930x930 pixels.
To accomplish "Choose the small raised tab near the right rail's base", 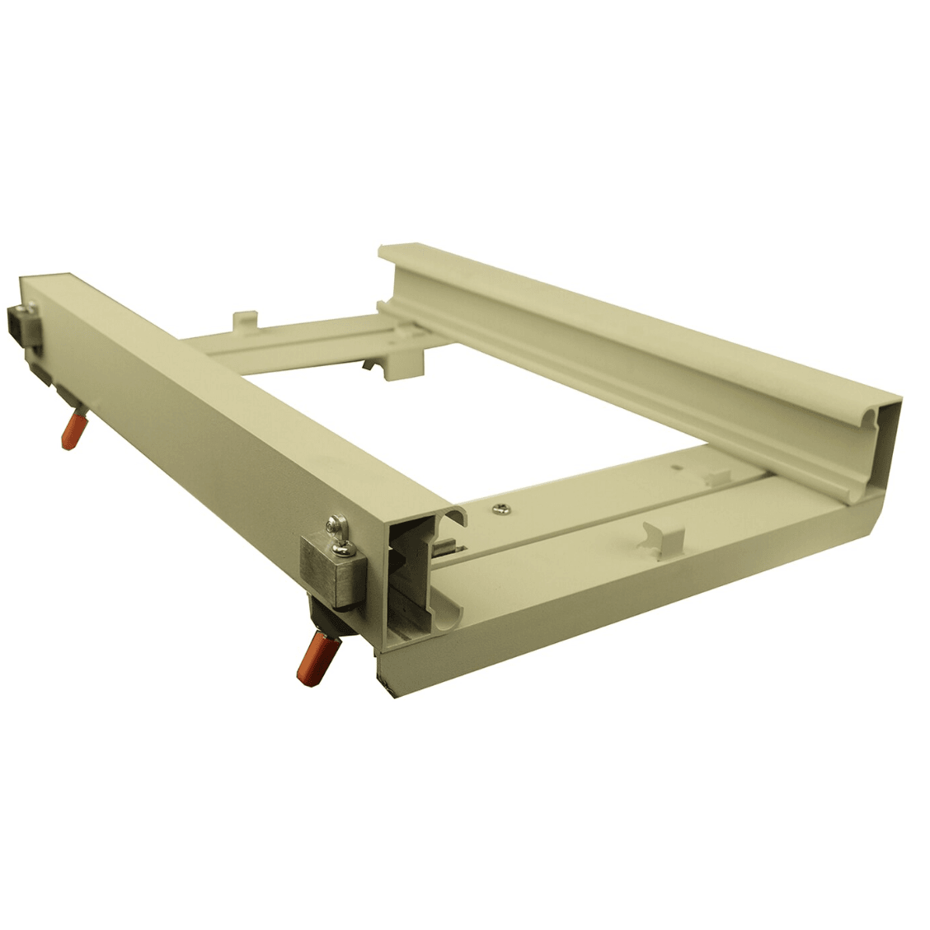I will [720, 477].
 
